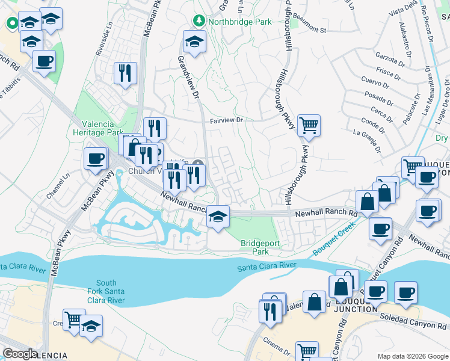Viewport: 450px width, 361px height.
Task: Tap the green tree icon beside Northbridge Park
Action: pos(199,22)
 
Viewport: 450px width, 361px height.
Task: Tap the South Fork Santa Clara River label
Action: pos(106,292)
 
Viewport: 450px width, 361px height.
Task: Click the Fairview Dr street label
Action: pos(226,120)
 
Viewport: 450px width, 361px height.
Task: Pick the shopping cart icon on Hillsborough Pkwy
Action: pos(309,125)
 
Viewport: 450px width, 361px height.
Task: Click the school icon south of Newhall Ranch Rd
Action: pos(218,217)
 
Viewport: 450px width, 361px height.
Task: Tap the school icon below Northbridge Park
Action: pos(194,42)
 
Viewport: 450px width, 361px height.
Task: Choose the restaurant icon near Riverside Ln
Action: pos(125,73)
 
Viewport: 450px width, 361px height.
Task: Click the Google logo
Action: pos(20,354)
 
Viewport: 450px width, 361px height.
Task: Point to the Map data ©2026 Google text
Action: pos(413,356)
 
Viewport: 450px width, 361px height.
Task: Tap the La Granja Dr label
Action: pos(368,137)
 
